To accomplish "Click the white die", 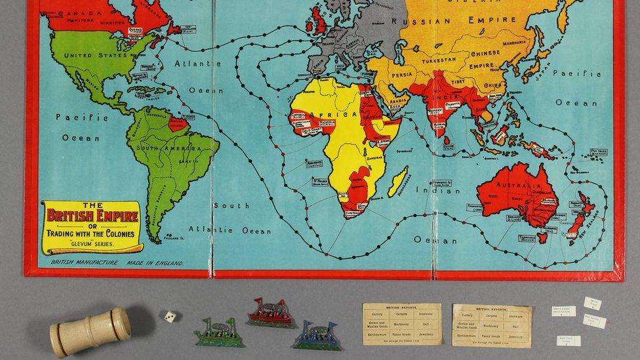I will [170, 316].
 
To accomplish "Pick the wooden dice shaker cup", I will [90, 332].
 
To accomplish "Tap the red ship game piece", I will [271, 314].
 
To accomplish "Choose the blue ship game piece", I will [317, 335].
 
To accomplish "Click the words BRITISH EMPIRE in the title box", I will [92, 214].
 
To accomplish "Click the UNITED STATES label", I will [94, 55].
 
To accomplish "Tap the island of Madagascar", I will [397, 182].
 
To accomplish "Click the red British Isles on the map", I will [317, 22].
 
